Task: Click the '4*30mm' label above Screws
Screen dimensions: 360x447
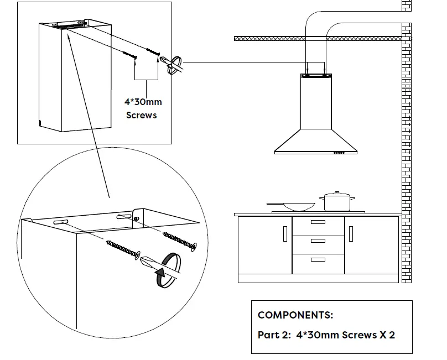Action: (x=143, y=102)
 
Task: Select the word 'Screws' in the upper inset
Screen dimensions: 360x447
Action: (x=142, y=115)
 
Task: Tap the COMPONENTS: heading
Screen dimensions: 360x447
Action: (x=295, y=315)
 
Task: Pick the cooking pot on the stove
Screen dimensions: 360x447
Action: (x=336, y=202)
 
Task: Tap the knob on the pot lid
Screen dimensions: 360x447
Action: (x=336, y=193)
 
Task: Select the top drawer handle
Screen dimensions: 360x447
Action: (x=318, y=222)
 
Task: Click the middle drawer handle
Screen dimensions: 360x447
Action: (x=318, y=241)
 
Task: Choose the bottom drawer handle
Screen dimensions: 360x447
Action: (x=318, y=259)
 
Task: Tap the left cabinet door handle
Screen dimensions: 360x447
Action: (x=285, y=235)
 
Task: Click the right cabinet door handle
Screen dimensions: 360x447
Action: (x=351, y=235)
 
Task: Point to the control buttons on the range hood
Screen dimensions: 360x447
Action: (x=339, y=153)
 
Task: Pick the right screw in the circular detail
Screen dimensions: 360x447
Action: (x=179, y=240)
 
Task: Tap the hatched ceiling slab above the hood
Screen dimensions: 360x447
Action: (x=266, y=38)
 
